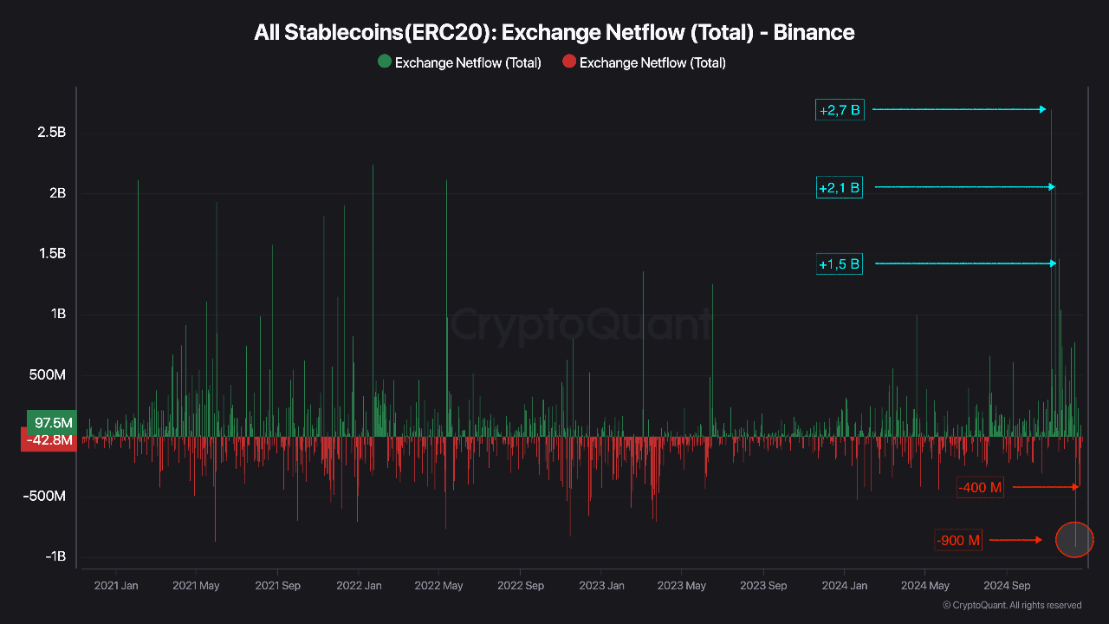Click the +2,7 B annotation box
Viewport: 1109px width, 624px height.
pos(840,110)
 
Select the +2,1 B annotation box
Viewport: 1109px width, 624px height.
pos(840,187)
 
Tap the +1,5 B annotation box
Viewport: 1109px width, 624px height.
pos(840,263)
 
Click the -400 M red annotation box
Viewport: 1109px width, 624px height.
pos(981,487)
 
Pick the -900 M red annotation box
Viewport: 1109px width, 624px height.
pos(959,540)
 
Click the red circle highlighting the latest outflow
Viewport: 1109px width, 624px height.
pos(1075,540)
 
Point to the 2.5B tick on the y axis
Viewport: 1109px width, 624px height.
pos(51,133)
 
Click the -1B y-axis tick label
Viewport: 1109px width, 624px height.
pos(55,556)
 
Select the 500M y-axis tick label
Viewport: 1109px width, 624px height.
pos(48,375)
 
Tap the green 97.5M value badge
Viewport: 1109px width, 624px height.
pos(52,422)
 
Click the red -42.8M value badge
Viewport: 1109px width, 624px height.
pos(49,440)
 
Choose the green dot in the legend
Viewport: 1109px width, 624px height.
pos(385,62)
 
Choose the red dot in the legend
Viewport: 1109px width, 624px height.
pos(569,62)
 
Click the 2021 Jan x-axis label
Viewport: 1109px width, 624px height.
pos(115,585)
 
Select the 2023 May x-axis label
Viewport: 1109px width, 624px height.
pos(681,585)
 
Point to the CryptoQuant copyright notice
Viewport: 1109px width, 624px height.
pos(1011,605)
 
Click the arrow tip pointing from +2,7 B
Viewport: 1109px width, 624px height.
pos(1045,109)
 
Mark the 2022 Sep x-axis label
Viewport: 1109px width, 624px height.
pos(520,585)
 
